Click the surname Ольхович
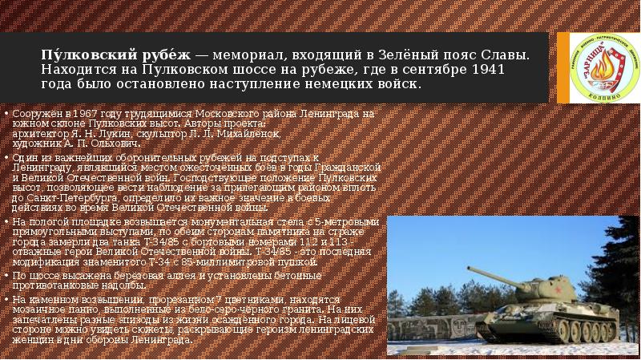115,144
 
